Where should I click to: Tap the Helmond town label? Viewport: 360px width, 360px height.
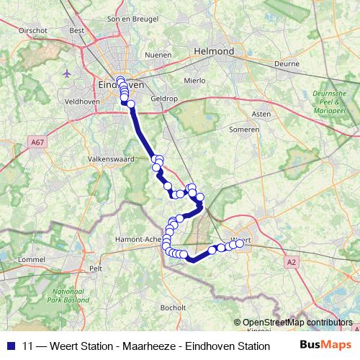[214, 53]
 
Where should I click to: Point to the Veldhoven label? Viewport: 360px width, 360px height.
[81, 103]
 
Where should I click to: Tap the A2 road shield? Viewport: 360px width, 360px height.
[291, 263]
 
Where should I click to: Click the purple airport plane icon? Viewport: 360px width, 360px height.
[67, 73]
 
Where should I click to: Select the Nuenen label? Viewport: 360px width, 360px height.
[158, 55]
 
